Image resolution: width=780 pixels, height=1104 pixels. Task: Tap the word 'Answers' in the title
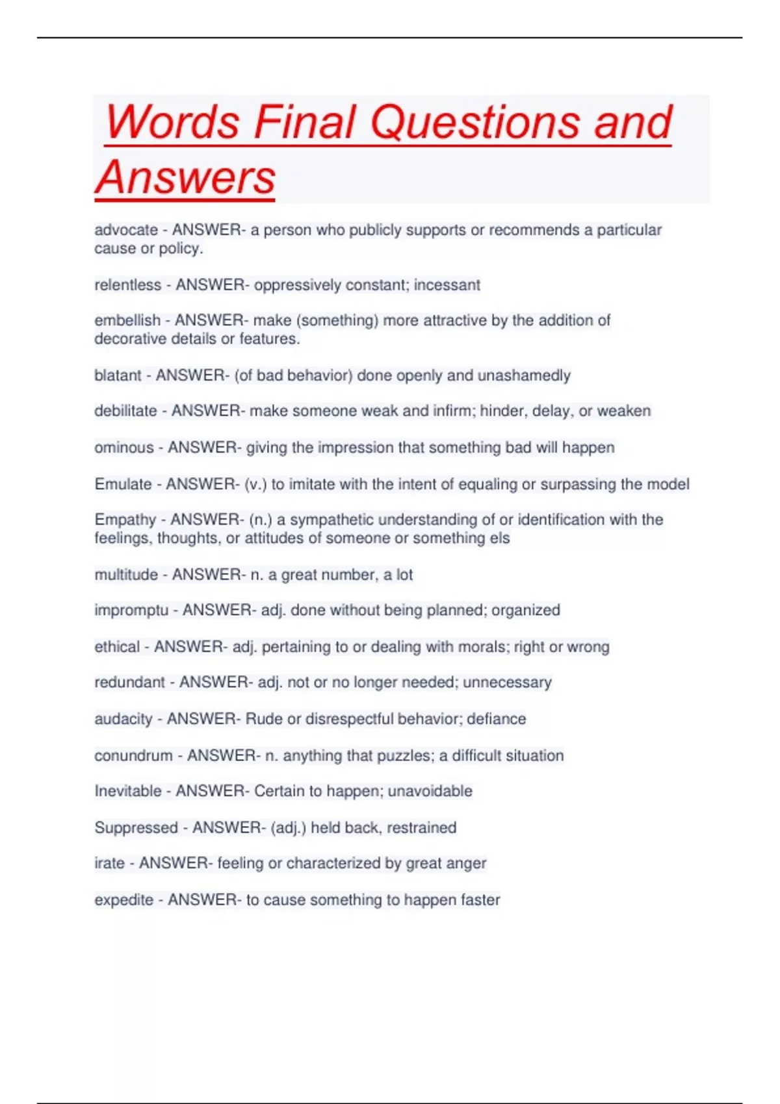[186, 177]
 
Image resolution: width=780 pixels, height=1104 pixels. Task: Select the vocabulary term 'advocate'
[126, 230]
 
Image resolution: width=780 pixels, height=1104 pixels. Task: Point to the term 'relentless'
[127, 285]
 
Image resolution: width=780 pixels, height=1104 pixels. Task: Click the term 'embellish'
[127, 320]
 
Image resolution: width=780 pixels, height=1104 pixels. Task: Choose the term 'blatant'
[118, 375]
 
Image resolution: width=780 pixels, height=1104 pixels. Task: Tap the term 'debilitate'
[125, 411]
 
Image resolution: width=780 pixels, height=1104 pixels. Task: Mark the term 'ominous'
[124, 447]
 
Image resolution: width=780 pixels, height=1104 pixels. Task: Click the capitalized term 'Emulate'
[123, 484]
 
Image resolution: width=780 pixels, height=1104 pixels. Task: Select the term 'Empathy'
[125, 520]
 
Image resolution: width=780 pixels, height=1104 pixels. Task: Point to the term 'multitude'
[126, 575]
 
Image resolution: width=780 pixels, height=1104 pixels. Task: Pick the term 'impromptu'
[131, 610]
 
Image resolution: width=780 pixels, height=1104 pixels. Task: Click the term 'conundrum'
[133, 755]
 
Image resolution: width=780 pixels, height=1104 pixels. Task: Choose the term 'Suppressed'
[136, 827]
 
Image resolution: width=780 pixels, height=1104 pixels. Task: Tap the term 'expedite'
[123, 900]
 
